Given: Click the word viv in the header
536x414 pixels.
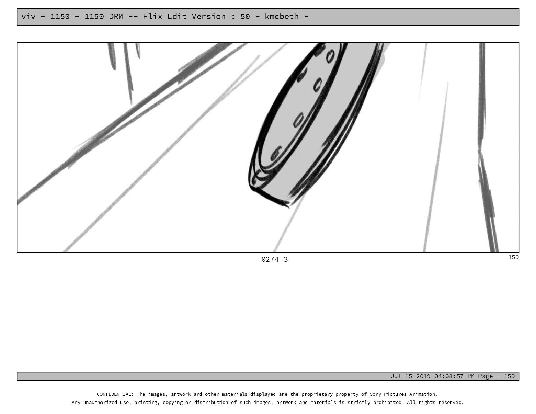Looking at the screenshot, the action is point(28,17).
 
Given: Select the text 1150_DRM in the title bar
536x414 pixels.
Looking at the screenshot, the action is point(104,17).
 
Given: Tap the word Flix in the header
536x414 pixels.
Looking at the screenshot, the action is point(153,16).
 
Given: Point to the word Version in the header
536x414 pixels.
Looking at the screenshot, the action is point(208,16).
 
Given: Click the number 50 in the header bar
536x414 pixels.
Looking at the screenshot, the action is point(245,17).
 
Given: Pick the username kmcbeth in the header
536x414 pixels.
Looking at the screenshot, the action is point(282,16).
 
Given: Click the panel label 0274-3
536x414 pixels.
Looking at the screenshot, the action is point(274,259).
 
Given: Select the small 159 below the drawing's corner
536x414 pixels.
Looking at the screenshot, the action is point(513,257).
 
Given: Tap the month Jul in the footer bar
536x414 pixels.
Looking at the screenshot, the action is point(396,376).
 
